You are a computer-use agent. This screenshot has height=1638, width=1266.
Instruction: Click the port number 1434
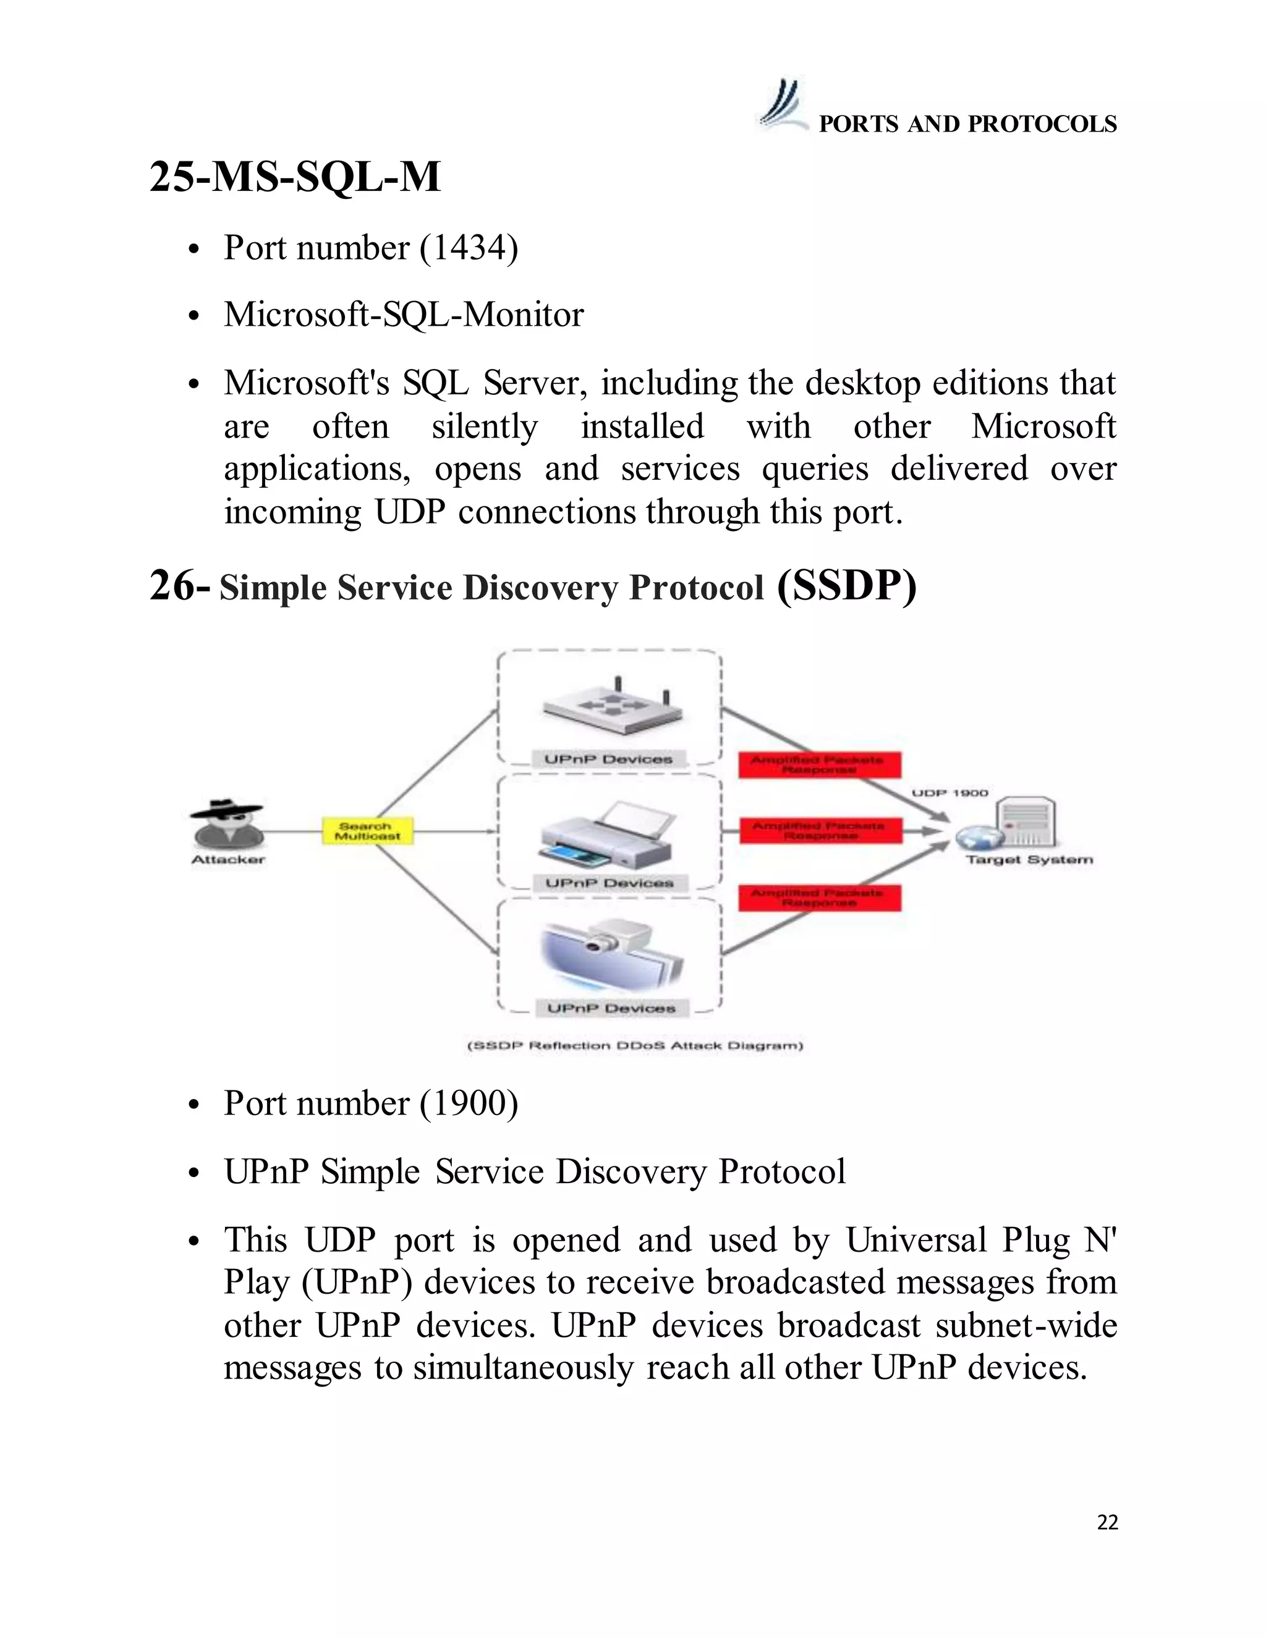469,247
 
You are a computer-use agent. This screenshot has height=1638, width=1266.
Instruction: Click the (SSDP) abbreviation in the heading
847,586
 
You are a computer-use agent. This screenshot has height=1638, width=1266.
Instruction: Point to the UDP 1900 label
949,793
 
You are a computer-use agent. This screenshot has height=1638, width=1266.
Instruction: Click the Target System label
1029,860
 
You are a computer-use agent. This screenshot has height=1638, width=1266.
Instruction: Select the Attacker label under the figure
228,860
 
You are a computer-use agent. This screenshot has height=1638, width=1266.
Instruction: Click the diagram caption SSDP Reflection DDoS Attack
634,1045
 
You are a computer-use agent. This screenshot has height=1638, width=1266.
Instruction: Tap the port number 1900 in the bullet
469,1103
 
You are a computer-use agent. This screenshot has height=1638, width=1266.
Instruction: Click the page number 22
1107,1522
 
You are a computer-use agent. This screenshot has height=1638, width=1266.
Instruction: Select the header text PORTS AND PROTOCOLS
967,124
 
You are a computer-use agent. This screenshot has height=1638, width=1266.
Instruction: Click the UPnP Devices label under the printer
609,883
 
